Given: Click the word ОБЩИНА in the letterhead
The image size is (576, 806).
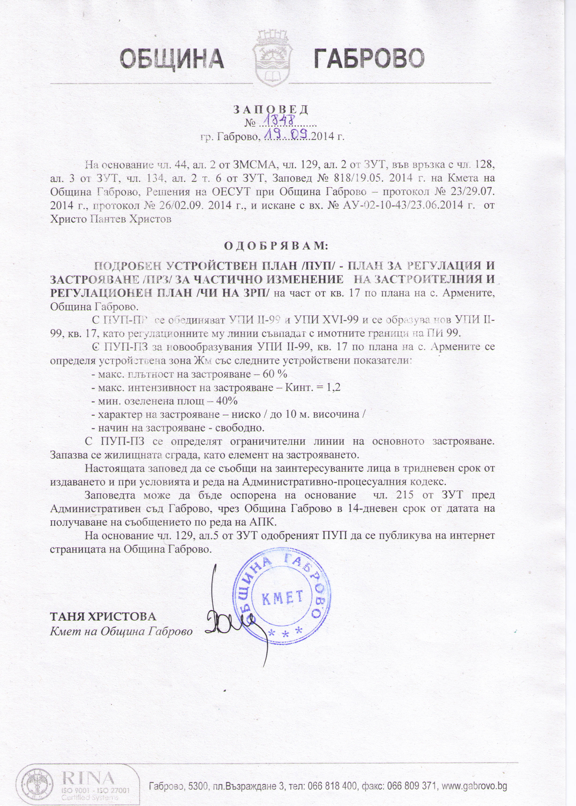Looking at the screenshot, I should click(x=172, y=59).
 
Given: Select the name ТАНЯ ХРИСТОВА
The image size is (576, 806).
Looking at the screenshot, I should click(x=103, y=617).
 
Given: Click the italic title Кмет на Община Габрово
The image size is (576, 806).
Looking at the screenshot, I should click(x=121, y=632).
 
